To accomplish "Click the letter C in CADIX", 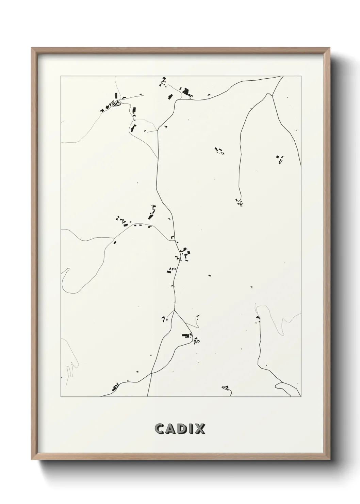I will [160, 429].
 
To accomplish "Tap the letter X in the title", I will [200, 429].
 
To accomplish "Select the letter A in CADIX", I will [171, 429].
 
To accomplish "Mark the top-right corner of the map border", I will [301, 76].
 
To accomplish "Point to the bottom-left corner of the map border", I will [61, 397].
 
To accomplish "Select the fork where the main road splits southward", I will [175, 310].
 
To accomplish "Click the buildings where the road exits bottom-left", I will [115, 387].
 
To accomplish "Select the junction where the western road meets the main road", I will [174, 240].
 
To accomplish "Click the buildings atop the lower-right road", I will [258, 319].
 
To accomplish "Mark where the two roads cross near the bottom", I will [152, 374].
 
